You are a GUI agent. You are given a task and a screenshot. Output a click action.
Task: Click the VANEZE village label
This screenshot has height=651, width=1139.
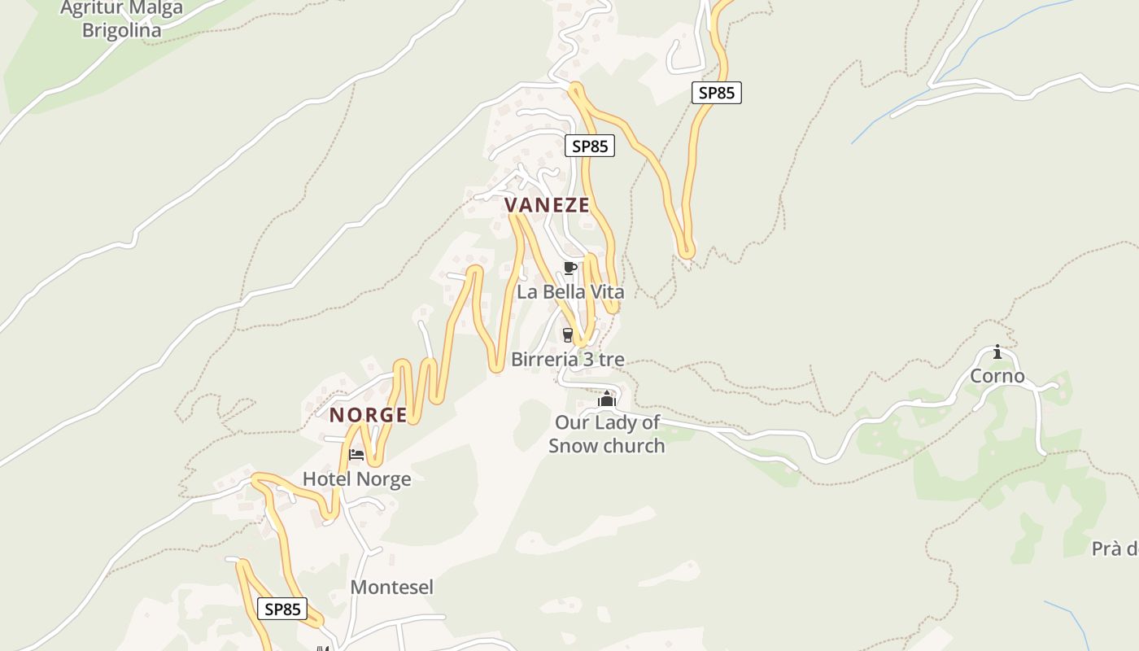click(547, 205)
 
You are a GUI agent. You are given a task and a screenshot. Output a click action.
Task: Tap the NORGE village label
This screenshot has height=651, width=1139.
click(368, 415)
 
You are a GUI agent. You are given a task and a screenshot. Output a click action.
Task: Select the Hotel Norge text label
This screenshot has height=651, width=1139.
click(356, 479)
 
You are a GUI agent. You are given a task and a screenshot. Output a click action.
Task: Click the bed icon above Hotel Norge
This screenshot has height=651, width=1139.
click(356, 454)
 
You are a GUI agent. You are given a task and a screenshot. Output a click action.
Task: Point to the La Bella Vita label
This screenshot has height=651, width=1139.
click(570, 291)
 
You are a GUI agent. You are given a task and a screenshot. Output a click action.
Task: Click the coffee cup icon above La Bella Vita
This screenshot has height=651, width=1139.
click(570, 268)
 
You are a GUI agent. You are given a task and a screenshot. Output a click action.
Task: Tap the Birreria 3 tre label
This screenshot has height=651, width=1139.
click(567, 359)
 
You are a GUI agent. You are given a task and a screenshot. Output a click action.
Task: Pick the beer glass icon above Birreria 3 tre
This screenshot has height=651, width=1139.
click(568, 334)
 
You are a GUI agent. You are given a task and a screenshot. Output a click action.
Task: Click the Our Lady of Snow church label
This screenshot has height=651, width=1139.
click(606, 434)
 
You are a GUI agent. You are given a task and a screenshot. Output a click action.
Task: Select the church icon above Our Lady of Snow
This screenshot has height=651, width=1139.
click(606, 399)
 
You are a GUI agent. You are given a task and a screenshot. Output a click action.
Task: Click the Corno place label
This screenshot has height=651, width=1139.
click(997, 376)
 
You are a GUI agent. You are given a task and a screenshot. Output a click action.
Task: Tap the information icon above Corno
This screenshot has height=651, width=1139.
click(997, 352)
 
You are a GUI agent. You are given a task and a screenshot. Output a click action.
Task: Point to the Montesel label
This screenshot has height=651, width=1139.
click(391, 587)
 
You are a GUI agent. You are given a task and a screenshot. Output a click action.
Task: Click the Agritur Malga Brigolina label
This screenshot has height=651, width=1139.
click(121, 20)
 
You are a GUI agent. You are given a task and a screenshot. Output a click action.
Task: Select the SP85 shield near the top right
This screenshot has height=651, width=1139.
click(717, 93)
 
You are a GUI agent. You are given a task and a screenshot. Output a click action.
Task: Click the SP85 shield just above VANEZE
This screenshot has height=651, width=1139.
click(590, 146)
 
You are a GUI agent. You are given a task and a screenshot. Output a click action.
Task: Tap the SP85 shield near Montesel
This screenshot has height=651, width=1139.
click(283, 609)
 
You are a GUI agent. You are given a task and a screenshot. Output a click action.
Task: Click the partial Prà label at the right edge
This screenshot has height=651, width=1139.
click(1114, 548)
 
